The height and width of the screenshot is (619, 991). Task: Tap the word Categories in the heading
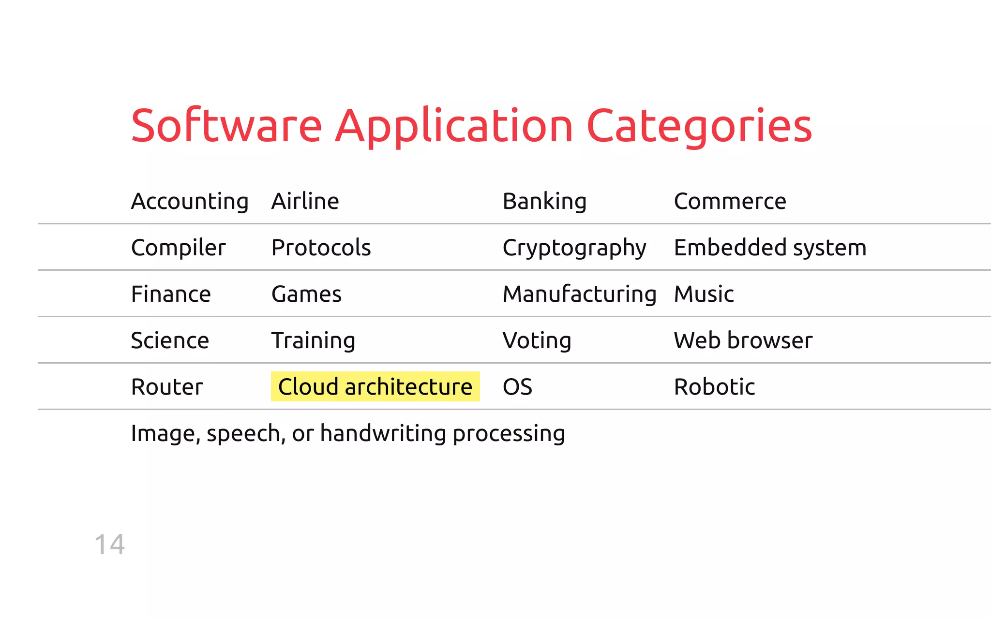(699, 127)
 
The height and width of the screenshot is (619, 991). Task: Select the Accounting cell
(190, 201)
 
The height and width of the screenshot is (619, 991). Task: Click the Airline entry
(305, 201)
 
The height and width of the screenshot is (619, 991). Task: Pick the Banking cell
(544, 201)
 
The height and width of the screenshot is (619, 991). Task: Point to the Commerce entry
(730, 201)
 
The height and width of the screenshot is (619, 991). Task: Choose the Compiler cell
(178, 248)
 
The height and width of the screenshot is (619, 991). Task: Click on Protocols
(321, 248)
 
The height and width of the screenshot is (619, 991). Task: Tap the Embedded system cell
(770, 248)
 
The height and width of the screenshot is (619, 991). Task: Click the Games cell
(306, 294)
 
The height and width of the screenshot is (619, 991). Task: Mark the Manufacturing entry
(579, 294)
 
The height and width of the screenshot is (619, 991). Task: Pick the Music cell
(704, 294)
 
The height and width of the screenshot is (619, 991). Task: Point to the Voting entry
(537, 340)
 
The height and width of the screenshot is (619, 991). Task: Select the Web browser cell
(743, 340)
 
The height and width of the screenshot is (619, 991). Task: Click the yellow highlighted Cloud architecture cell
(375, 386)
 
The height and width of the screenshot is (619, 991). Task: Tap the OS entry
(517, 387)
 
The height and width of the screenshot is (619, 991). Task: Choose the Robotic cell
(714, 387)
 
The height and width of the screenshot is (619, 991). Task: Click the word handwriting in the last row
(383, 433)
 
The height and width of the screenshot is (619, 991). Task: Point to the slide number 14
(110, 545)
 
